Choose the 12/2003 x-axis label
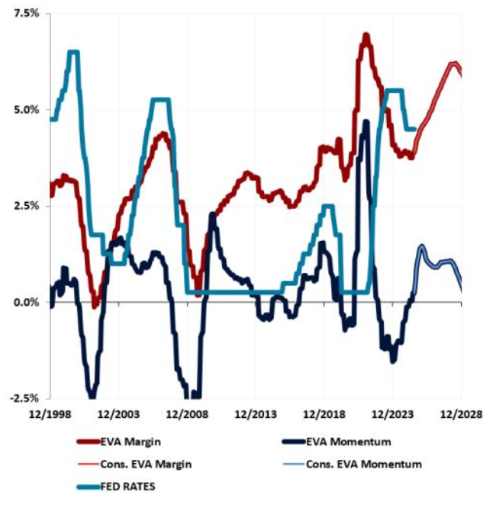tap(119, 413)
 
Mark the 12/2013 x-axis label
tap(255, 413)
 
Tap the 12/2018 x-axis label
tap(324, 413)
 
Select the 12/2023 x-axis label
tap(392, 413)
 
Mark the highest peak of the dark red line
tap(366, 36)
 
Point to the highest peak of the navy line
tap(366, 122)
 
